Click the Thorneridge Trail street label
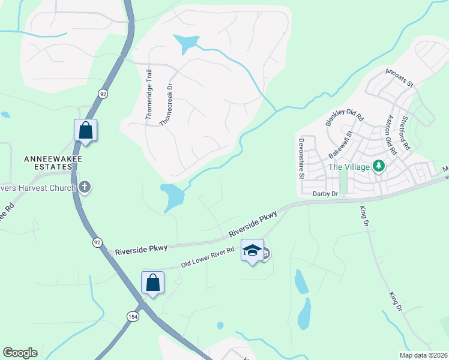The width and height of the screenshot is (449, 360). coord(149,94)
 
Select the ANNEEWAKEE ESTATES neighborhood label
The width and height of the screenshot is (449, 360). coord(53,163)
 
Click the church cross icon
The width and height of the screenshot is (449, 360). coord(85,187)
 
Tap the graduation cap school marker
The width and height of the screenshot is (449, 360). coord(253,251)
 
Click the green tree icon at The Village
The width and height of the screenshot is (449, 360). coord(379,166)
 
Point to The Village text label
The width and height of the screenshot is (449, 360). coord(348,167)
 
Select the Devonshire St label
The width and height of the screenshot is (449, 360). coord(301,158)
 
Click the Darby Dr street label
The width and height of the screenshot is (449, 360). coord(326,194)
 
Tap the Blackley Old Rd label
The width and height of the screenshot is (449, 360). coord(345,110)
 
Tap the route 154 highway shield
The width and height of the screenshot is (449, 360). coord(131,316)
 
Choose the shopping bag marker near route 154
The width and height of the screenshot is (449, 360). coord(152,282)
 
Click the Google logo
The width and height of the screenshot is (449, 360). coord(20,353)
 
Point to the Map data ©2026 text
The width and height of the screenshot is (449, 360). coord(423,355)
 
